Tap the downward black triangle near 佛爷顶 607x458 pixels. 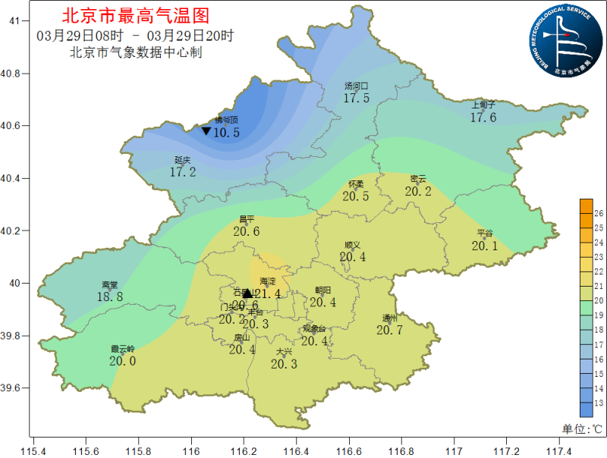click(x=206, y=131)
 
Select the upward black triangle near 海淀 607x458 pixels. click(x=247, y=293)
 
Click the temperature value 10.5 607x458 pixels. click(x=226, y=133)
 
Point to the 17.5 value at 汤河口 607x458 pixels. click(x=356, y=98)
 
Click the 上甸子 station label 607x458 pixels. click(x=483, y=105)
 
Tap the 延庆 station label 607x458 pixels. click(x=182, y=160)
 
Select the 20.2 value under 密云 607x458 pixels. click(x=417, y=191)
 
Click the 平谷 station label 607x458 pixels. click(x=485, y=233)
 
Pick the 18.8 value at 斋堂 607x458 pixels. click(x=110, y=297)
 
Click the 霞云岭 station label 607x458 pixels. click(x=122, y=349)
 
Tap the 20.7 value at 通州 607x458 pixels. click(x=389, y=330)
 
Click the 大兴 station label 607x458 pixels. click(x=284, y=352)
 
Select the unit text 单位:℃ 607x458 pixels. click(x=581, y=428)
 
